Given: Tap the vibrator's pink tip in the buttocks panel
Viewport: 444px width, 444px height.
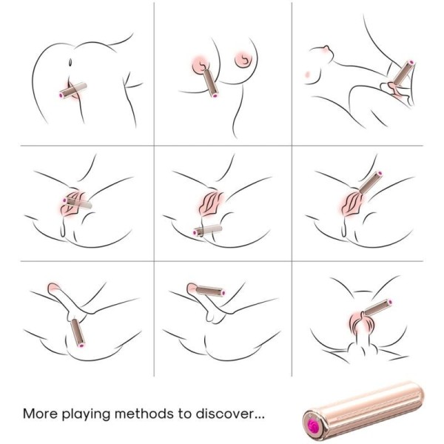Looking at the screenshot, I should pos(62,95).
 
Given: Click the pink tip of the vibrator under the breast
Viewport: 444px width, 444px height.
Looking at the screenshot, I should pos(214,95).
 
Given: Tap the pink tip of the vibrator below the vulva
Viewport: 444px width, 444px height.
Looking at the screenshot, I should pos(197,233).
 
